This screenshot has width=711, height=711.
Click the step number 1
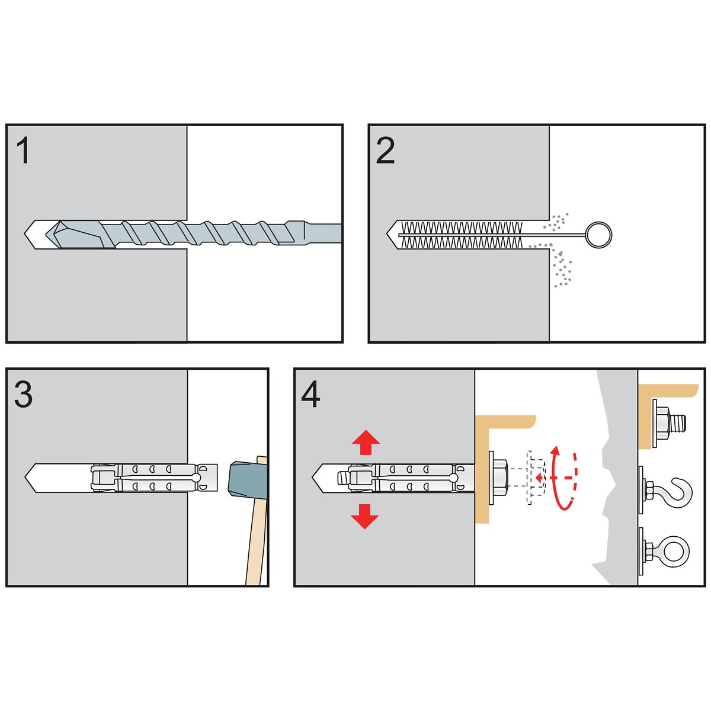[x=23, y=150]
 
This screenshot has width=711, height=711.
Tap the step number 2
[x=385, y=150]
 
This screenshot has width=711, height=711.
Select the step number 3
[x=23, y=394]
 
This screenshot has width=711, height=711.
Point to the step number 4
[x=310, y=394]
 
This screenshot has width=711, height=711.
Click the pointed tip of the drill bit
[x=46, y=234]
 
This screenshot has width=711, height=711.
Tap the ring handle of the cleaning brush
[x=599, y=235]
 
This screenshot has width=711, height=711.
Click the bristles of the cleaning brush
[x=461, y=235]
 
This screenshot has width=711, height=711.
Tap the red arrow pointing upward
[x=366, y=442]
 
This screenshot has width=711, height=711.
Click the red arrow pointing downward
[x=364, y=517]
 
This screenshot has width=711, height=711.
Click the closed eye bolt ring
[x=675, y=552]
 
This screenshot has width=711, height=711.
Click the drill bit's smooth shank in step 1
[x=324, y=233]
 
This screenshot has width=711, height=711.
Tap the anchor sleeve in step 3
[x=154, y=478]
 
